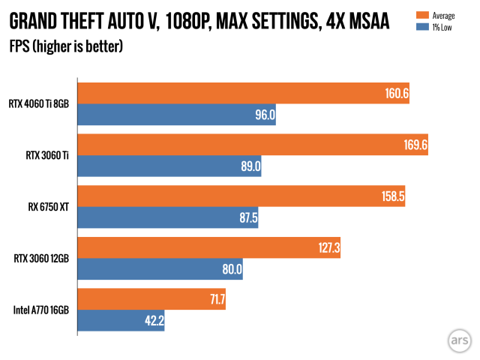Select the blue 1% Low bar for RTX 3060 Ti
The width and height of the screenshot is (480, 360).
coord(169,166)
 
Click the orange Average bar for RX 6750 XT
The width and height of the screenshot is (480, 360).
coord(241,196)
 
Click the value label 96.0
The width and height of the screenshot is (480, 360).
coord(265,115)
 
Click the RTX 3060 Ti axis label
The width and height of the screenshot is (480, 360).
coord(46,155)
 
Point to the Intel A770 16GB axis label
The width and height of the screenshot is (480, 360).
coord(41,310)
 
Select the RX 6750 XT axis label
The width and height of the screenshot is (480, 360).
coord(48,207)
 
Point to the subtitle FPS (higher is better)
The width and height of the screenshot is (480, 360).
coord(66,47)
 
